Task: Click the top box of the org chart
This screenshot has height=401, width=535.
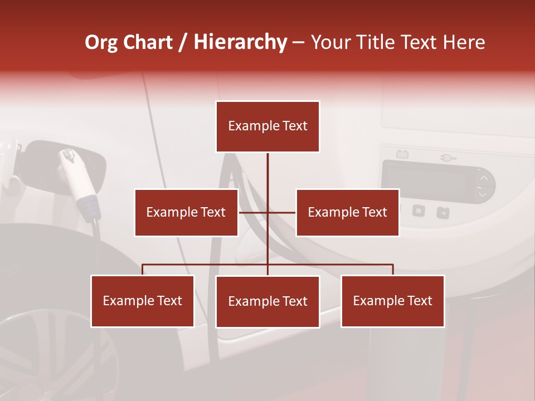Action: [x=267, y=126]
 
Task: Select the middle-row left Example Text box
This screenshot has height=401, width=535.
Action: [x=186, y=212]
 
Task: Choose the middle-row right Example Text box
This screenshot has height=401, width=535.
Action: [x=347, y=212]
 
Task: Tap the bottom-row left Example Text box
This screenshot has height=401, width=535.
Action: [x=143, y=301]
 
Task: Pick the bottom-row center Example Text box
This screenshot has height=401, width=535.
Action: [x=267, y=301]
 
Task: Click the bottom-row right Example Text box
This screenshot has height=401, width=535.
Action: [x=392, y=301]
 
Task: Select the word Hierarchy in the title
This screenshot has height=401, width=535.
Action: [x=240, y=42]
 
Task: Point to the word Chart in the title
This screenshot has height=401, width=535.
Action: [x=147, y=42]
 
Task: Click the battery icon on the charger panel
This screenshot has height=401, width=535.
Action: [x=401, y=154]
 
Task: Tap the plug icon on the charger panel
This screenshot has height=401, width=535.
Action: [x=448, y=158]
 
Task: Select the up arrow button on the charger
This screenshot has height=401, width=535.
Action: [x=483, y=178]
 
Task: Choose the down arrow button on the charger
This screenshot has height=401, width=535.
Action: [x=483, y=195]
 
